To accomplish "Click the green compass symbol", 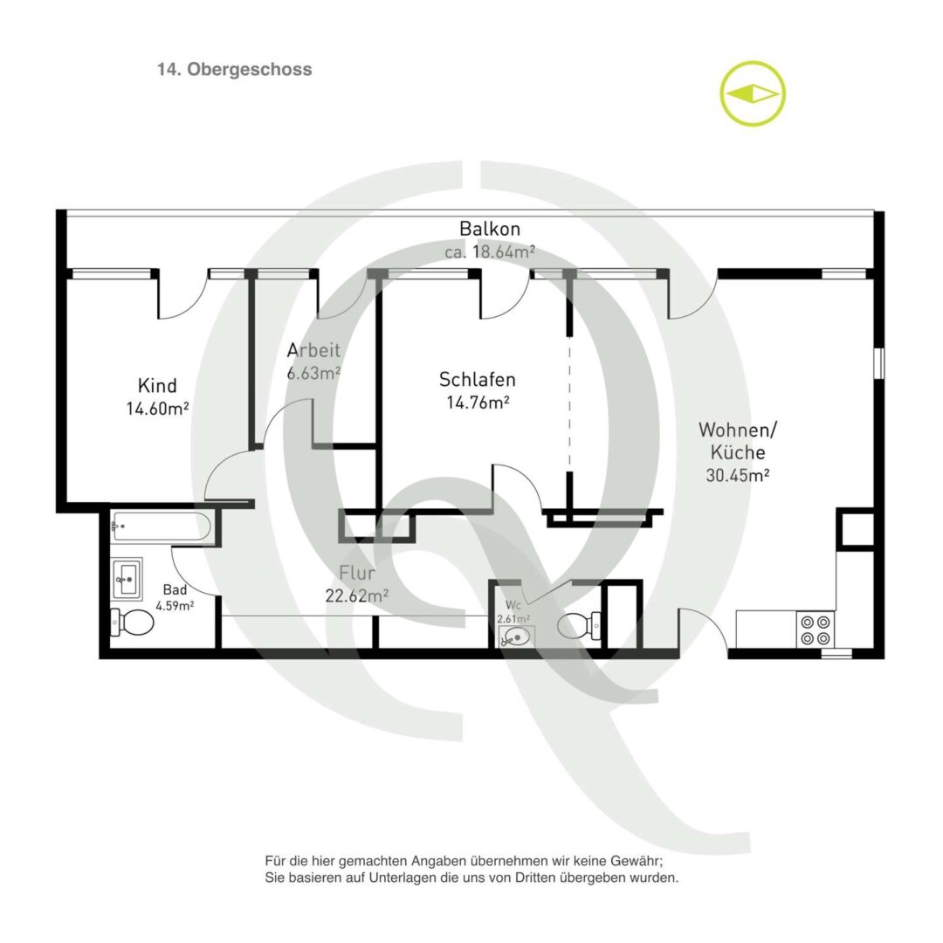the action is (x=753, y=93).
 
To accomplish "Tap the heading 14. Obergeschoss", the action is (x=235, y=69).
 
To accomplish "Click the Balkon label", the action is (x=490, y=229).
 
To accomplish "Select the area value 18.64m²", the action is (x=504, y=251).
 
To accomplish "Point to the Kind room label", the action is (x=157, y=385).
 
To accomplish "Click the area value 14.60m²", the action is (x=157, y=409).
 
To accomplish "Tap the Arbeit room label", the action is (x=313, y=350).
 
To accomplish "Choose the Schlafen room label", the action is (x=478, y=380).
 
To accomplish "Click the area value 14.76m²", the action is (x=478, y=402).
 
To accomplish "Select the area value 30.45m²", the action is (x=738, y=475).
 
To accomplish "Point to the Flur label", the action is (x=357, y=572).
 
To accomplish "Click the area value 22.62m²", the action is (x=356, y=595).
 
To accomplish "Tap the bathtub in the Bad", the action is (x=161, y=527).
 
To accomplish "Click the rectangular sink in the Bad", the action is (x=127, y=579).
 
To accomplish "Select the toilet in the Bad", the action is (x=132, y=623).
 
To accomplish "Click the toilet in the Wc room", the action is (x=579, y=625).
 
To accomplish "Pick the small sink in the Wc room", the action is (x=515, y=637).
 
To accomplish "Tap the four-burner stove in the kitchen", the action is (x=816, y=630).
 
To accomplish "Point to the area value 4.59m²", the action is (x=175, y=606).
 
